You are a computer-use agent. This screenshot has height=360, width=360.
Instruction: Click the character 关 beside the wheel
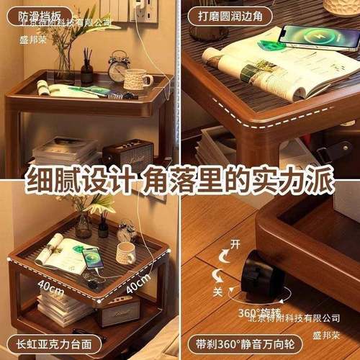pos(217,292)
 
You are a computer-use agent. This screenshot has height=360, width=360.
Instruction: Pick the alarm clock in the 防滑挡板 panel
pos(118,68)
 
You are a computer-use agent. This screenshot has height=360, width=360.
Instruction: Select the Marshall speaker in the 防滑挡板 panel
pos(127,155)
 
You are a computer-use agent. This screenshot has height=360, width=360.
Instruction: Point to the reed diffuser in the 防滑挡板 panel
pos(87,68)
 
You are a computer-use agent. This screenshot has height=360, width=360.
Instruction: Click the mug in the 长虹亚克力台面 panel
pos(125,253)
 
